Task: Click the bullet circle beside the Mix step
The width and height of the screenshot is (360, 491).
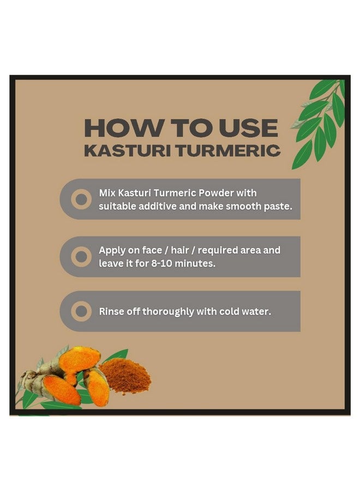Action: (x=81, y=199)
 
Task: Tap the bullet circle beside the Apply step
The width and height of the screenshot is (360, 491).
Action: (x=81, y=256)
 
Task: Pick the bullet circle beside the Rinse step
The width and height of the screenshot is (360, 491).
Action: (x=81, y=312)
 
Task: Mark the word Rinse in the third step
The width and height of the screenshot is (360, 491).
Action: (x=111, y=312)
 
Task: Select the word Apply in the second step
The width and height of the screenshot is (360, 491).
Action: (x=112, y=251)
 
